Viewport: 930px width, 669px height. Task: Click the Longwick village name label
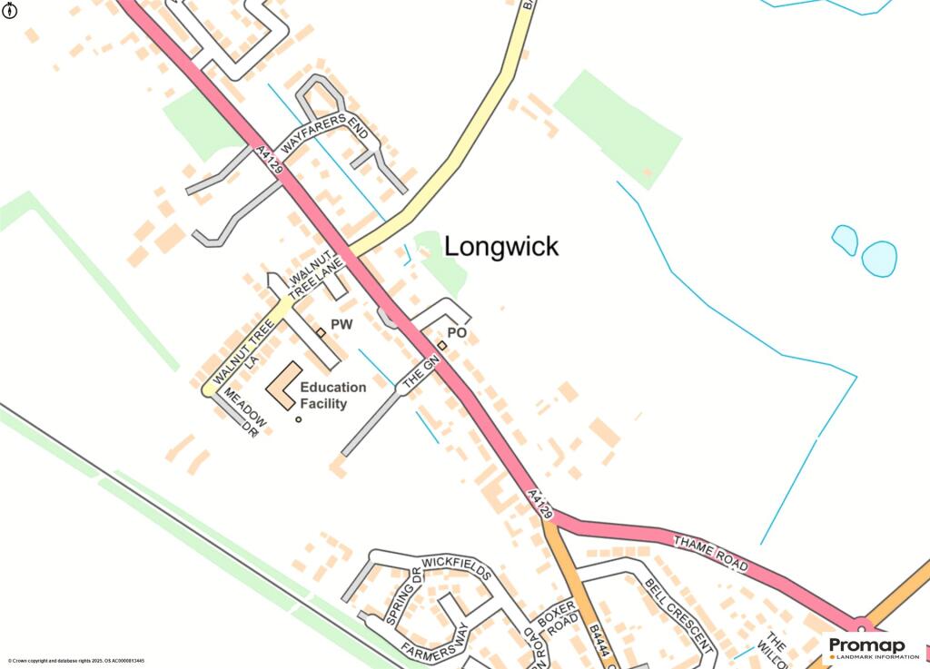[x=501, y=247]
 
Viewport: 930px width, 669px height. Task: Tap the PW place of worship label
[x=341, y=324]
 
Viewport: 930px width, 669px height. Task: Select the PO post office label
[x=457, y=334]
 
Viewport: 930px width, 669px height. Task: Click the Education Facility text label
[x=333, y=395]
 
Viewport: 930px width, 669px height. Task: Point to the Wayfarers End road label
[x=327, y=133]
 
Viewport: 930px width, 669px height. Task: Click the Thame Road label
[x=710, y=553]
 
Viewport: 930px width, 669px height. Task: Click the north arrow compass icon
[x=12, y=13]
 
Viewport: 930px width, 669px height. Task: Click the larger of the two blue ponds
[x=879, y=259]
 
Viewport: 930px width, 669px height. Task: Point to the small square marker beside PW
[x=321, y=332]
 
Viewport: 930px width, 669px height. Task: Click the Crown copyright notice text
[x=76, y=661]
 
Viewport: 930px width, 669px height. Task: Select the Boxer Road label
[x=556, y=622]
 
